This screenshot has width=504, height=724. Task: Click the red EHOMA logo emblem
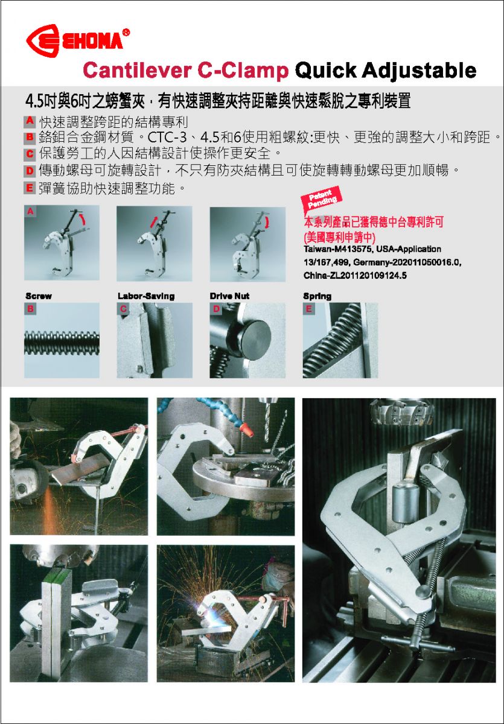coord(43,41)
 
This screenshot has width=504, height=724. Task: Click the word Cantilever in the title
coord(138,70)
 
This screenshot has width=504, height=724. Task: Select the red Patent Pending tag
coord(321,198)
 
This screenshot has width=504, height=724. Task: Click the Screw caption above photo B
coord(39,296)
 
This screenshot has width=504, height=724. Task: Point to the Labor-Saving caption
coord(146,296)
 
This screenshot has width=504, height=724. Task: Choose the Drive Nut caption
coord(229,296)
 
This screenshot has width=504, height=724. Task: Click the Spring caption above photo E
coord(317,296)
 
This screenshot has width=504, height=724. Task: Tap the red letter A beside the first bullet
coord(30,121)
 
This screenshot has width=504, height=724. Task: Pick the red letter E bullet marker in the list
coord(30,188)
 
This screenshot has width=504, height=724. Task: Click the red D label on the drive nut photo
coord(216,309)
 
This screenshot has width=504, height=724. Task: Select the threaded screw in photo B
coord(62,343)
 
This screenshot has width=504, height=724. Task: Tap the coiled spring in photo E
coord(330,343)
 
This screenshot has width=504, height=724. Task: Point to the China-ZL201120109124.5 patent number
coord(355,276)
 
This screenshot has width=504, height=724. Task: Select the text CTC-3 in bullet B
coord(167,138)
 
